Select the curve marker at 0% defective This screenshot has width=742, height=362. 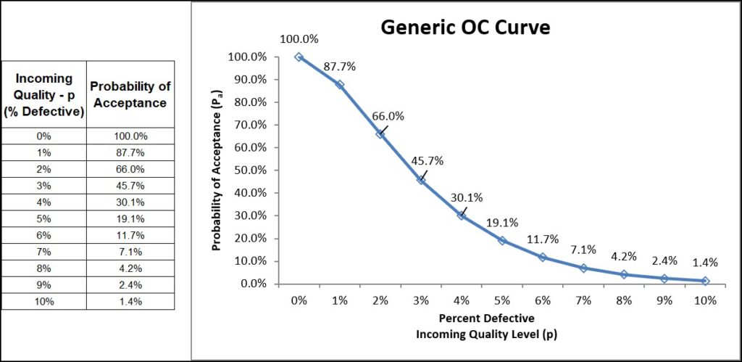point(299,57)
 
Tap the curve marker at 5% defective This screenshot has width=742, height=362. point(501,240)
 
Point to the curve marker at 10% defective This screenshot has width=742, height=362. point(705,280)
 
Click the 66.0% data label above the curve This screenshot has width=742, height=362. point(388,115)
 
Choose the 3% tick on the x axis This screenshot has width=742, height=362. point(420,300)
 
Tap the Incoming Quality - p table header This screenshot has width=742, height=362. point(43,95)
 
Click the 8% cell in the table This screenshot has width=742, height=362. point(43,268)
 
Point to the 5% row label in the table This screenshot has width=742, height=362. point(43,218)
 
